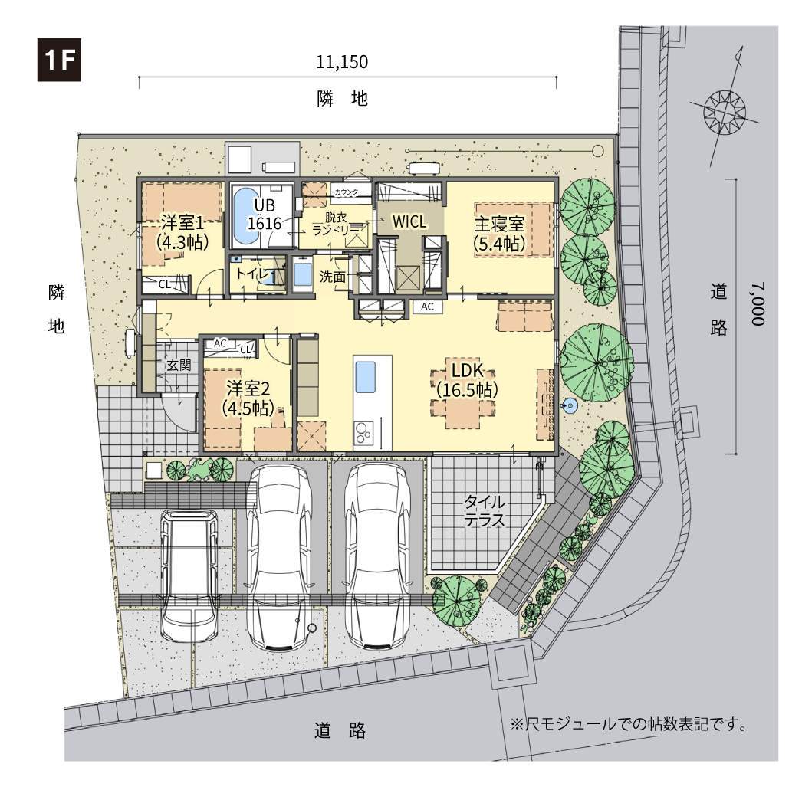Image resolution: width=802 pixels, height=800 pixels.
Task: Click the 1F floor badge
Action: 59,60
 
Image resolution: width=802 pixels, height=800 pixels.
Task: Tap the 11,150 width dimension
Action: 342,62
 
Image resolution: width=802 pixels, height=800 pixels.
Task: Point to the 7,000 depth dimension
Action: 758,303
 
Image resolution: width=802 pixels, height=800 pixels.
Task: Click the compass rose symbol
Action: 725,111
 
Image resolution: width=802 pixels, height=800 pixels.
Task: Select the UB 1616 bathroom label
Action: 265,215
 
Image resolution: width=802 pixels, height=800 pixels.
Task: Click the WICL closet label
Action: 409,221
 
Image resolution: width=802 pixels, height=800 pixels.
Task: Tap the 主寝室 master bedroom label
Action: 499,224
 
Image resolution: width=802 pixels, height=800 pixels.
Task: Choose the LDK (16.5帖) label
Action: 467,379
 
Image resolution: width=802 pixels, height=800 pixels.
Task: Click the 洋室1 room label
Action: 182,222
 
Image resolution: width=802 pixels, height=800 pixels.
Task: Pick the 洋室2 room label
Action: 248,389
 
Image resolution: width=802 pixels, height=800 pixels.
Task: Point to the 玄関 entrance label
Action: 179,365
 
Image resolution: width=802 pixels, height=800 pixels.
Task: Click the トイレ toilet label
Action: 253,274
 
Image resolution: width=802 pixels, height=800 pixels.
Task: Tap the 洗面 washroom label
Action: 333,277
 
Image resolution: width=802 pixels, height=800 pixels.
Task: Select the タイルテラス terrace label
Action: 485,510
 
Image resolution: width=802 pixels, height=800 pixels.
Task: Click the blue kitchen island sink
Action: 365,377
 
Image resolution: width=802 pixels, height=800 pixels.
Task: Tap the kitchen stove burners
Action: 363,433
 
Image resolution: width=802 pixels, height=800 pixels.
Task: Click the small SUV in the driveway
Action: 189,575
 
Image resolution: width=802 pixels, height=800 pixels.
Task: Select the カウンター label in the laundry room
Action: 350,192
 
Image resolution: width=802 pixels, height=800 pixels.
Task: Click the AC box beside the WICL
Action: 427,307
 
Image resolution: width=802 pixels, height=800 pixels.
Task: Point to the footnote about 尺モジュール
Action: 629,724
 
